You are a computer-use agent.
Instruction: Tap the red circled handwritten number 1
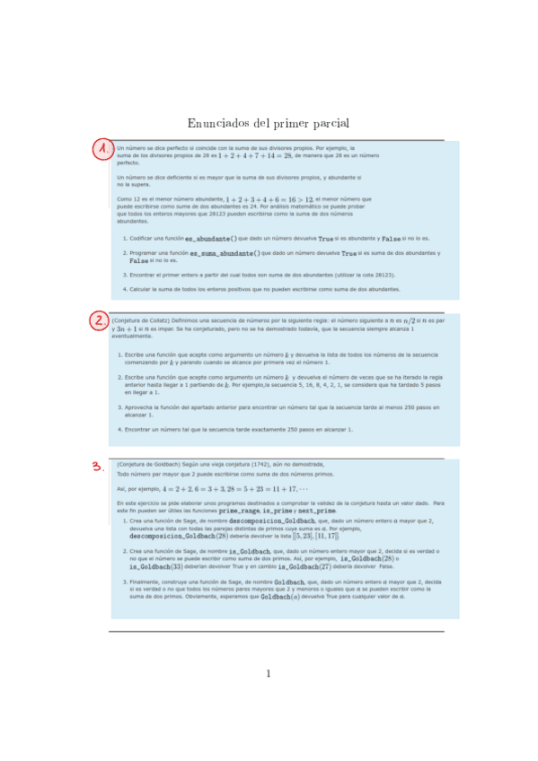(x=103, y=150)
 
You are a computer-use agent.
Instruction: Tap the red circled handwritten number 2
(x=99, y=320)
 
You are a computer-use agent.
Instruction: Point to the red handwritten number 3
(x=97, y=466)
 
